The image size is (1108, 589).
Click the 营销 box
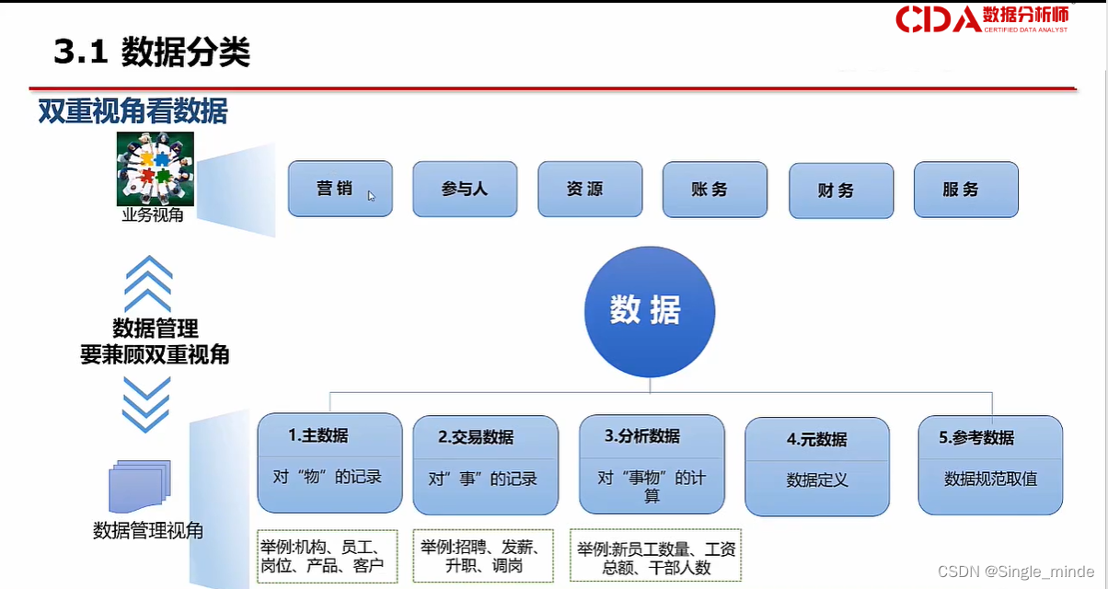[340, 189]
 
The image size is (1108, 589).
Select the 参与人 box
[465, 190]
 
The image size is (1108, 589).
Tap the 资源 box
[590, 189]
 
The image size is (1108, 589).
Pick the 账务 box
[715, 190]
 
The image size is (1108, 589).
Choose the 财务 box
[841, 191]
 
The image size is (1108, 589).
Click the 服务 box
[966, 190]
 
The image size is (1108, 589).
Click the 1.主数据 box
[329, 463]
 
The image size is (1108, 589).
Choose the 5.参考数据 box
[990, 465]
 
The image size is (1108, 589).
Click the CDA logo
[982, 18]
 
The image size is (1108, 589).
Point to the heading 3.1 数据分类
[152, 52]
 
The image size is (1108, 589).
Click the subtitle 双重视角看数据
[133, 111]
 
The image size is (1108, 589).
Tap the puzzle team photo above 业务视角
[156, 168]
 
